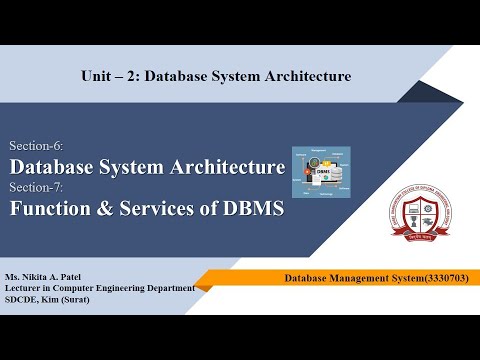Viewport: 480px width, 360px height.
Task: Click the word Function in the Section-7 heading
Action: (50, 209)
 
